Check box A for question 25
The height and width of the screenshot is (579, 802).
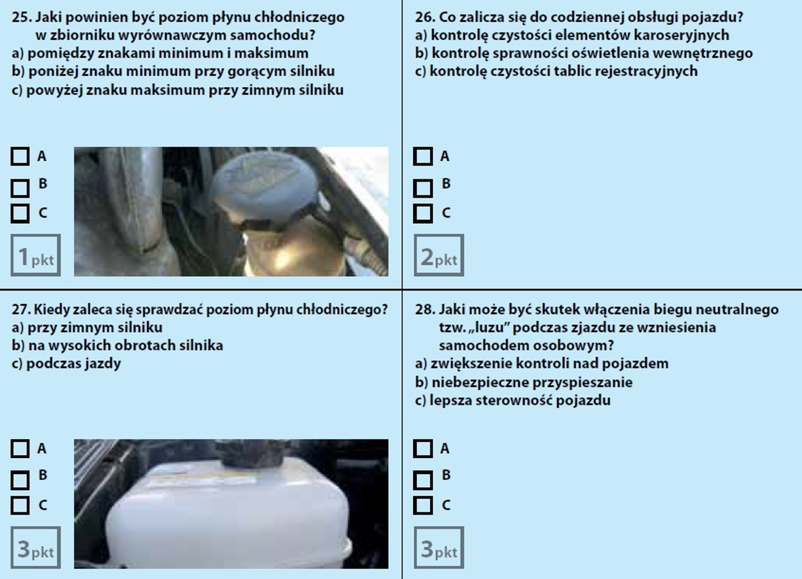click(20, 156)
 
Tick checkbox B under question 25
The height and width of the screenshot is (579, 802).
click(20, 188)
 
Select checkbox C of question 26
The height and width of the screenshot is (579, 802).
click(423, 213)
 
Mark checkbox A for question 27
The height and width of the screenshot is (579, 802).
click(20, 449)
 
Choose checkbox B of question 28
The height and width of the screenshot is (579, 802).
click(423, 481)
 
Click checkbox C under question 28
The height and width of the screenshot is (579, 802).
click(423, 505)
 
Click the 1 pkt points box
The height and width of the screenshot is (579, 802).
click(36, 255)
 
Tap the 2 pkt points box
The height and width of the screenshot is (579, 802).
click(439, 255)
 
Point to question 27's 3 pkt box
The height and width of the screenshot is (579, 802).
click(36, 547)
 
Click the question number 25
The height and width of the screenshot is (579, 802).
click(21, 17)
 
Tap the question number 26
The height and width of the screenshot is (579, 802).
click(424, 17)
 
